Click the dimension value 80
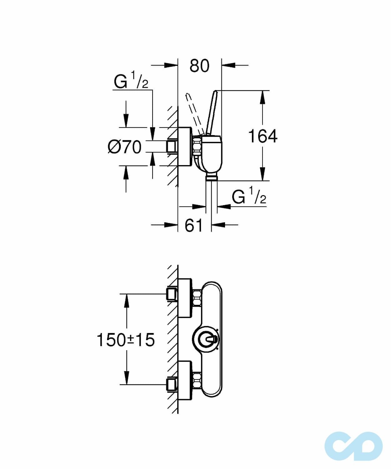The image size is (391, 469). click(199, 66)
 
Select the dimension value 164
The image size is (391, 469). click(263, 136)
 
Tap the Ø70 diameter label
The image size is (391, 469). click(124, 147)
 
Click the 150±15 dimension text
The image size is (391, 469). click(126, 340)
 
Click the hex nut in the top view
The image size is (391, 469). click(197, 146)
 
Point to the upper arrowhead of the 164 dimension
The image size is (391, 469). click(263, 97)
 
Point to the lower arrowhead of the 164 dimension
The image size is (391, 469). click(263, 174)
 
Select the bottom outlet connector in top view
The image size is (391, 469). click(212, 178)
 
